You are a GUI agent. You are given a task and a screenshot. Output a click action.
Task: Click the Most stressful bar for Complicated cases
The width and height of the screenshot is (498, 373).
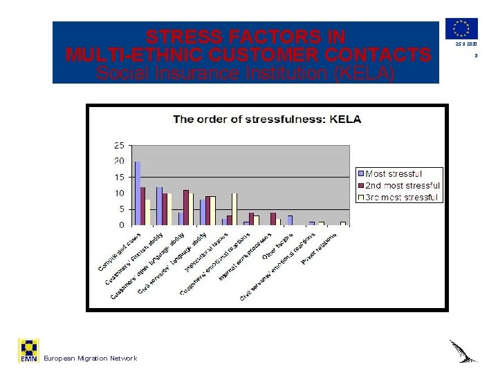(138, 193)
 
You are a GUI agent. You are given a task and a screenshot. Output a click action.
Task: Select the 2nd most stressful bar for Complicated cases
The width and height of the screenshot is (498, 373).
(143, 206)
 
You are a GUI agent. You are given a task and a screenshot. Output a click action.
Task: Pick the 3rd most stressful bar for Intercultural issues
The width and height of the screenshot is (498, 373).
(234, 209)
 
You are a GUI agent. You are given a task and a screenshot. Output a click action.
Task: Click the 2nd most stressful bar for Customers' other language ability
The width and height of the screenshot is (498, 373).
(186, 207)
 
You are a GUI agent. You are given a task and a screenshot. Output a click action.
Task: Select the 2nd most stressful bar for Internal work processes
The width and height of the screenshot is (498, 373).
(273, 219)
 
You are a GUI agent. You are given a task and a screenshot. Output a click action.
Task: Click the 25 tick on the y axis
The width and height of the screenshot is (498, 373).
(119, 146)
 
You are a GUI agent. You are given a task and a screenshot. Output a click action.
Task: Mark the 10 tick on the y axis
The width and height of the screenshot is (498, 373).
(119, 193)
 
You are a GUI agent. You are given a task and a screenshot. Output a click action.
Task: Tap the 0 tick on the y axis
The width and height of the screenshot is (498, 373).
(121, 225)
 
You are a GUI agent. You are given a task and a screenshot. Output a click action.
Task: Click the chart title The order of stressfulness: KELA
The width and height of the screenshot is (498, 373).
(267, 119)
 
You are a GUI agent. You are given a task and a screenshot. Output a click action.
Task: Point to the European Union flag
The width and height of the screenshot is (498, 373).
(461, 28)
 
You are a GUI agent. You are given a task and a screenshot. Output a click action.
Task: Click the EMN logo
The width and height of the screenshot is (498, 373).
(28, 350)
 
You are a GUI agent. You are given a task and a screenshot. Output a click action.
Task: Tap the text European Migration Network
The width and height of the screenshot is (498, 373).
(90, 358)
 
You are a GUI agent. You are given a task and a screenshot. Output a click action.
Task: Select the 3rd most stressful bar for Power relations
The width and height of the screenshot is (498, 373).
(342, 223)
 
